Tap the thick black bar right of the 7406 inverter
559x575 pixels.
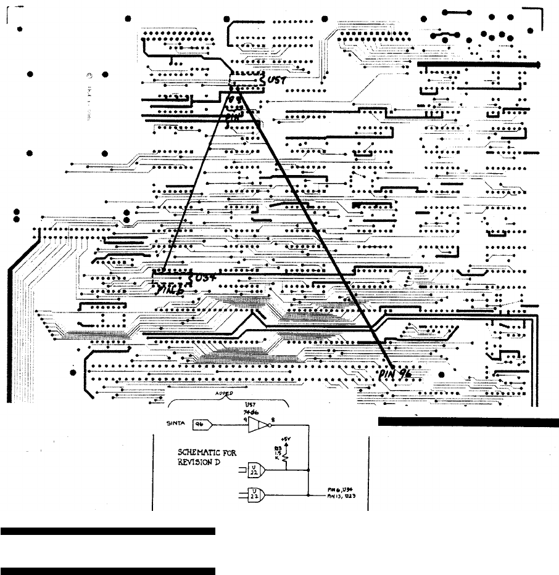coord(468,422)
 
